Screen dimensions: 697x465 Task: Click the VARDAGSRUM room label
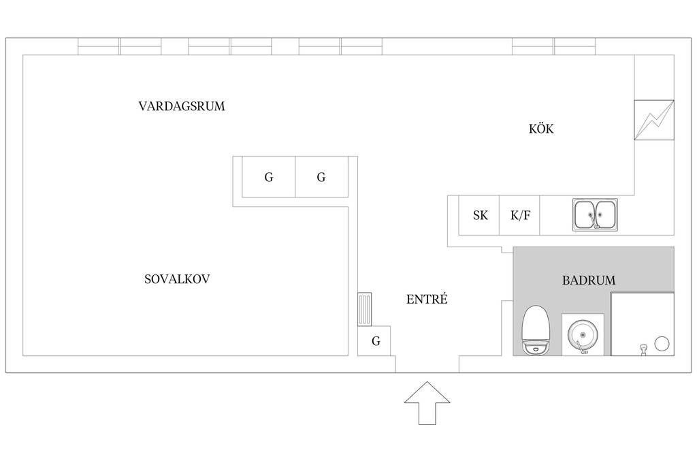[x=181, y=106]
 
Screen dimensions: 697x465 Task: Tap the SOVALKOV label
[x=177, y=279]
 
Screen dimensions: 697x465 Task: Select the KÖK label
[x=541, y=129]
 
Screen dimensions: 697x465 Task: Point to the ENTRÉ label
[x=427, y=299]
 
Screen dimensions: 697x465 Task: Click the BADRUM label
[x=589, y=280]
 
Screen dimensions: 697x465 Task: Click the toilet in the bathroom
[x=536, y=330]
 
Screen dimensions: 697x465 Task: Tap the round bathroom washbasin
[x=583, y=335]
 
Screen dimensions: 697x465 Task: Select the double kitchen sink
[x=595, y=214]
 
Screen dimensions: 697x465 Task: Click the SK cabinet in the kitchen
[x=479, y=215]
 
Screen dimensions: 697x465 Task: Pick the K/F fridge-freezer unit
[x=519, y=215]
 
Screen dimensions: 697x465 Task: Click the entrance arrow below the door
[x=427, y=403]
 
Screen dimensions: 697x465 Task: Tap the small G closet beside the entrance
[x=374, y=341]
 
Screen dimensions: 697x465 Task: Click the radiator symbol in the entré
[x=365, y=309]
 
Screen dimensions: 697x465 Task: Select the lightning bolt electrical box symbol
[x=654, y=120]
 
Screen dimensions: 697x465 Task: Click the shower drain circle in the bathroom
[x=662, y=344]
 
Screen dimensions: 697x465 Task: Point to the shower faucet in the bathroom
[x=643, y=348]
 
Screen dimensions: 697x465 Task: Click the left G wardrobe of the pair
[x=268, y=177]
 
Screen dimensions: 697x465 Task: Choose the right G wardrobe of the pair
[x=321, y=177]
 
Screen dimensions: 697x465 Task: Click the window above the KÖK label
[x=553, y=46]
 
